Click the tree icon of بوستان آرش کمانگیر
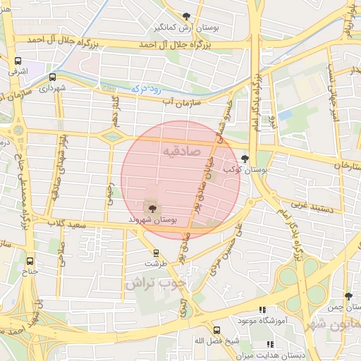(186, 16)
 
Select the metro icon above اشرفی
(17, 61)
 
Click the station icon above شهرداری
(52, 77)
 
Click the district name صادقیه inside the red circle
(181, 151)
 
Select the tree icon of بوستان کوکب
(245, 159)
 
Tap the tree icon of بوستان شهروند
(151, 207)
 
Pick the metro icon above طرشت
(156, 253)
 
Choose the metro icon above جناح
(30, 260)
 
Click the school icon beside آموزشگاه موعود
(263, 309)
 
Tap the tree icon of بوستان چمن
(348, 297)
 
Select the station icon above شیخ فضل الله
(217, 330)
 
